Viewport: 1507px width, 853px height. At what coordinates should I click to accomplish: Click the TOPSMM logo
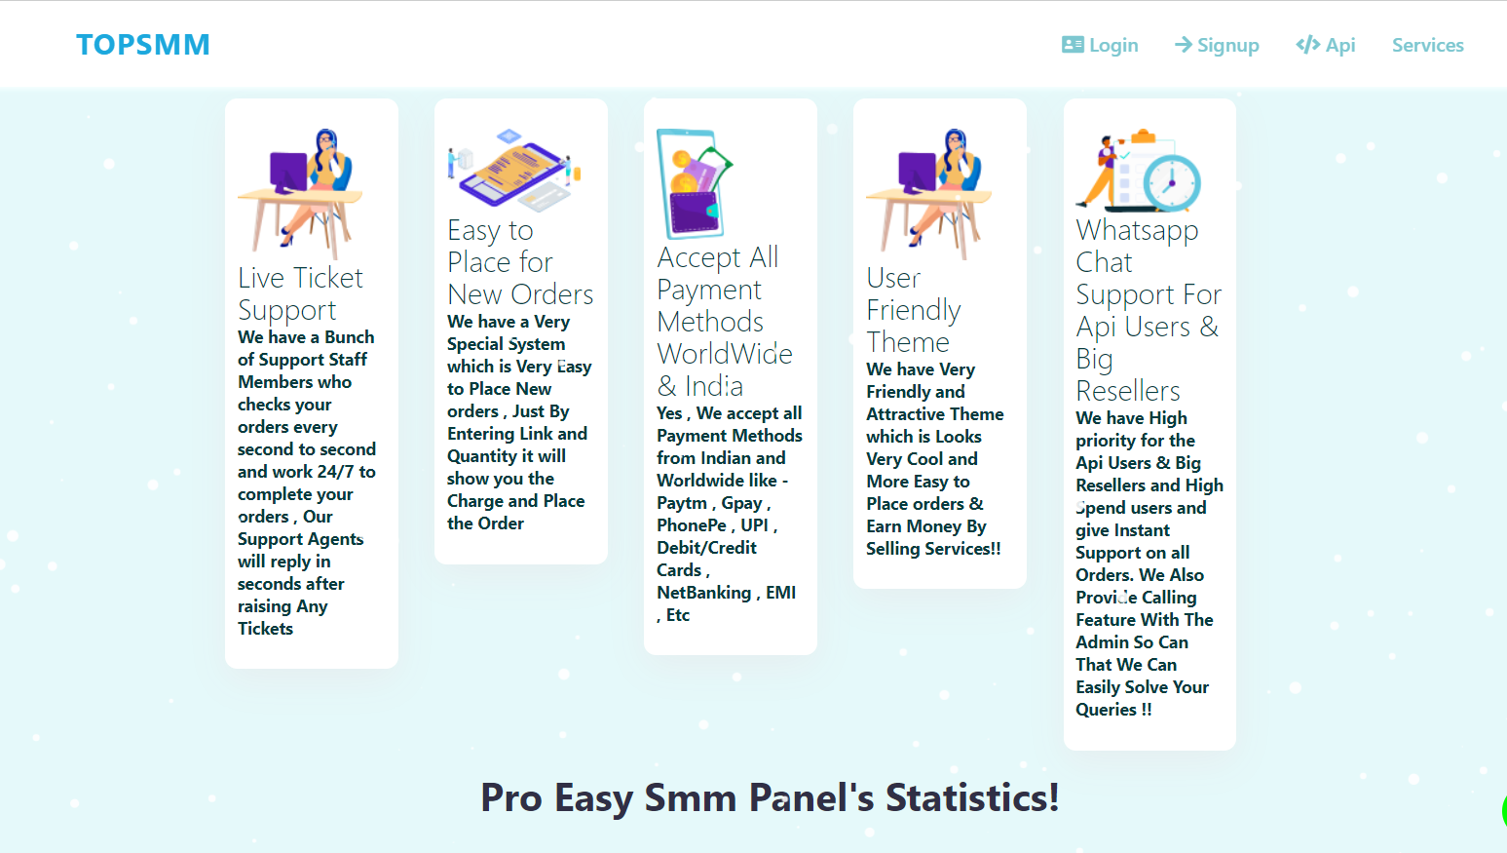pos(142,45)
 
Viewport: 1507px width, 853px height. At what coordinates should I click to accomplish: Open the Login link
pos(1100,45)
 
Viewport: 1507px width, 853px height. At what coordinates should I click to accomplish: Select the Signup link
pos(1217,45)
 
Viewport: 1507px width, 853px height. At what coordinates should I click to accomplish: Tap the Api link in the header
pos(1326,45)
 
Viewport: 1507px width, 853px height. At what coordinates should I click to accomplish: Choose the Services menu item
pos(1428,45)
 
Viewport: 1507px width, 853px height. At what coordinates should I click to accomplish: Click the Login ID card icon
pos(1073,45)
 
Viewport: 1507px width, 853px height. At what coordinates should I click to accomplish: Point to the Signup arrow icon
pos(1184,45)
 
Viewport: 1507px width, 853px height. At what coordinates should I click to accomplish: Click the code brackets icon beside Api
pos(1308,45)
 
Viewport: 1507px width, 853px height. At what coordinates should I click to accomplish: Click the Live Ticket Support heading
pos(300,293)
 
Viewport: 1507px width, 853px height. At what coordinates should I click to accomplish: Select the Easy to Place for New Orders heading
pos(520,262)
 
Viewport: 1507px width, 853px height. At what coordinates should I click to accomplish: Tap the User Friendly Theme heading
pos(914,310)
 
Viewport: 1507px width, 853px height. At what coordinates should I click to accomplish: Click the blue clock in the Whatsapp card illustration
pos(1171,182)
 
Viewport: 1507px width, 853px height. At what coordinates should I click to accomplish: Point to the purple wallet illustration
pos(693,210)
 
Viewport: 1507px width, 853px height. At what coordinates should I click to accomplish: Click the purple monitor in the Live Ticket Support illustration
pos(287,172)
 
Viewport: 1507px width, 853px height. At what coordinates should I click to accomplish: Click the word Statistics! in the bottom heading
pos(972,797)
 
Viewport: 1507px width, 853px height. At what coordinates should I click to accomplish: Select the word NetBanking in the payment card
pos(703,593)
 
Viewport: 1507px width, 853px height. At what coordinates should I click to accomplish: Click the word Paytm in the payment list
pos(682,504)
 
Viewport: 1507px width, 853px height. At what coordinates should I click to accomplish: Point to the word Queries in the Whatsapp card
pos(1105,710)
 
